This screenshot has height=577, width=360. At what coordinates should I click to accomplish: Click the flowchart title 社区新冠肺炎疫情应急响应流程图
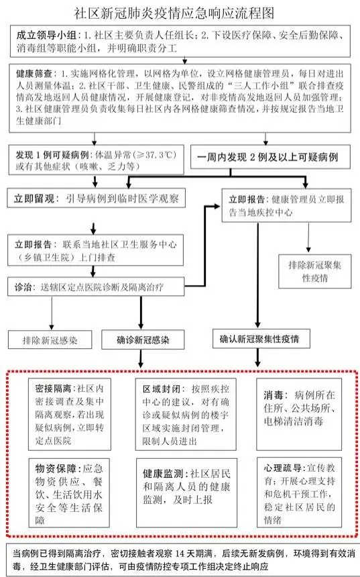pyautogui.click(x=174, y=13)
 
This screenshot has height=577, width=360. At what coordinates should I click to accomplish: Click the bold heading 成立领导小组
pyautogui.click(x=46, y=36)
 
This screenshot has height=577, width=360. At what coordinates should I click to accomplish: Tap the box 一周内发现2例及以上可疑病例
pyautogui.click(x=270, y=157)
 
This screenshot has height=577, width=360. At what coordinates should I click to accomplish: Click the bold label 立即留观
pyautogui.click(x=34, y=199)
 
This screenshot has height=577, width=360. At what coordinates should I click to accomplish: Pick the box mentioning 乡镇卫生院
pyautogui.click(x=96, y=250)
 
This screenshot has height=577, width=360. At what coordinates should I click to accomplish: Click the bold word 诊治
pyautogui.click(x=23, y=287)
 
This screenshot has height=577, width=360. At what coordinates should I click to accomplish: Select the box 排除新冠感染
pyautogui.click(x=50, y=339)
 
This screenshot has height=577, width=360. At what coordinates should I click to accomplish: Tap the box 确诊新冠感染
pyautogui.click(x=143, y=339)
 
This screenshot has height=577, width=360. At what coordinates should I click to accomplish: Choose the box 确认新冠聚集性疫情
pyautogui.click(x=261, y=339)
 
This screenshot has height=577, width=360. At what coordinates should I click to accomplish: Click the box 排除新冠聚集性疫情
pyautogui.click(x=315, y=271)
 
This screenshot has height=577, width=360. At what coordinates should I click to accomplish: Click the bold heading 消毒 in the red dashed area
pyautogui.click(x=274, y=395)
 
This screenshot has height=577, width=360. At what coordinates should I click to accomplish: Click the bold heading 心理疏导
pyautogui.click(x=283, y=468)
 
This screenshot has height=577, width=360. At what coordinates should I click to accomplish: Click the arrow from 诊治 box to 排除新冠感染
pyautogui.click(x=52, y=313)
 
